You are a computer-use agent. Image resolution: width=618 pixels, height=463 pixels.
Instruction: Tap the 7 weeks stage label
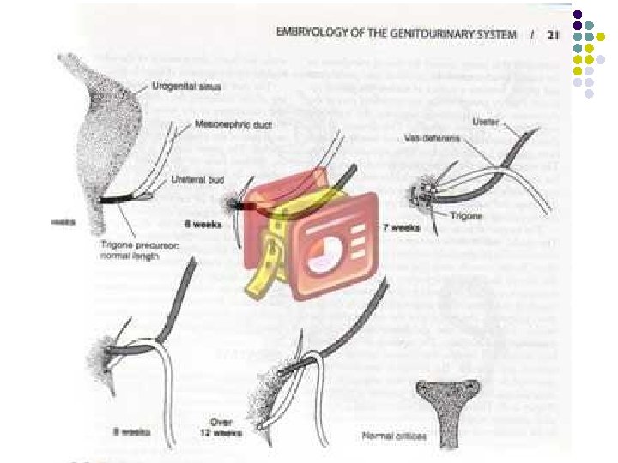tap(401, 229)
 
